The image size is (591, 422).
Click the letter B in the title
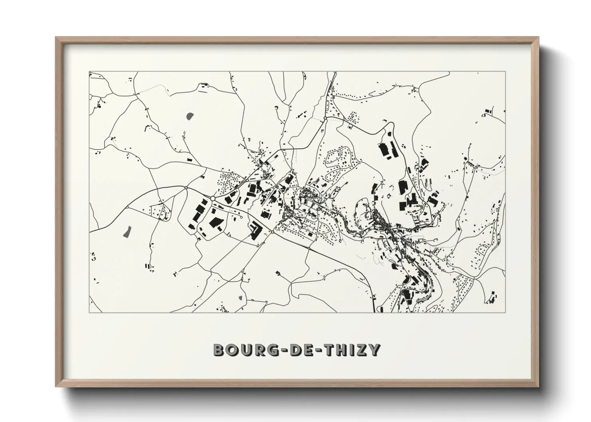coord(220,350)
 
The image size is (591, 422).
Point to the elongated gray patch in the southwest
coord(127,231)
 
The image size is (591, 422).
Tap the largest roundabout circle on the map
coord(213,198)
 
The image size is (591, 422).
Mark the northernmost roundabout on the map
coord(325,118)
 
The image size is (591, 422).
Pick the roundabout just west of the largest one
coord(186,188)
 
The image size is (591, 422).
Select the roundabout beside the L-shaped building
coord(272,231)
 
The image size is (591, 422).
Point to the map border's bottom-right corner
coord(506,312)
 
